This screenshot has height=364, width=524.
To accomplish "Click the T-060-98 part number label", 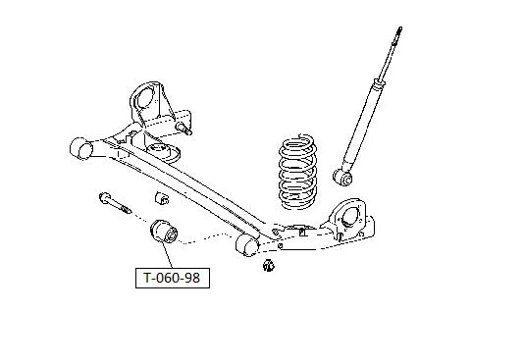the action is pos(173,278).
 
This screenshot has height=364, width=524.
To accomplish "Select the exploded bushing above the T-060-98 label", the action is pos(164,232).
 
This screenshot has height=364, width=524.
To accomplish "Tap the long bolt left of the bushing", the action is pos(115,203).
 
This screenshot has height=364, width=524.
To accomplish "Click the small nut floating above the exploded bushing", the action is pos(162,198).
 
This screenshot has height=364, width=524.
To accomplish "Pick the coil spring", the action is pos(297,172).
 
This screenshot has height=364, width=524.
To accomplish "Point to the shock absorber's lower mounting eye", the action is pos(342,177).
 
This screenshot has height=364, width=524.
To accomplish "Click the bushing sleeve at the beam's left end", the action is pos(80,148).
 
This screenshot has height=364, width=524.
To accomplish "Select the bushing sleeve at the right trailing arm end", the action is pos(247,244).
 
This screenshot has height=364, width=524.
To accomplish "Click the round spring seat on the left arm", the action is pos(163,152).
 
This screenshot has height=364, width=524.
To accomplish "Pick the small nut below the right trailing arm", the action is pos(268,265).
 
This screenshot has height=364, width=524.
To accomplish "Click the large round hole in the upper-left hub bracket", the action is pos(145,96).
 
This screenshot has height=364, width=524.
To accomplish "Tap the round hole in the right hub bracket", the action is pos(350,216).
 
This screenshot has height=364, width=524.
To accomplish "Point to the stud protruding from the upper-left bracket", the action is pos(183,129).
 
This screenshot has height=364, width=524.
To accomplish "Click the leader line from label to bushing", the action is pos(167,256).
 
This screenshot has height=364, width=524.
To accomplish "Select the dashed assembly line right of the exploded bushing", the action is pos(206,238).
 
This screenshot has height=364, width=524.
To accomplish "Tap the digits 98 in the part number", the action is pos(191,278).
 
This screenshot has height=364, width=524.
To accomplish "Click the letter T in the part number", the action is pos(147,278).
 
